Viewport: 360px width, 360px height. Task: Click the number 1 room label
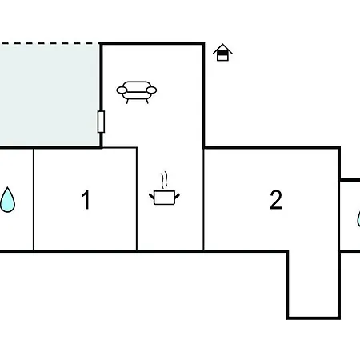[86, 199]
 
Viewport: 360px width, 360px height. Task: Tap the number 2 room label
[276, 199]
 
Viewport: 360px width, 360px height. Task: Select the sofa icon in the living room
[137, 92]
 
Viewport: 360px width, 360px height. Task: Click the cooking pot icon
[164, 198]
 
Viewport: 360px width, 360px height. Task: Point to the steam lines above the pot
[165, 180]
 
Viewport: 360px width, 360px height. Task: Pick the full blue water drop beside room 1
[7, 200]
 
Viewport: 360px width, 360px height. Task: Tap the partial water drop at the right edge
[358, 219]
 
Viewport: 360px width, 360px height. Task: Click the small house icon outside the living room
[222, 53]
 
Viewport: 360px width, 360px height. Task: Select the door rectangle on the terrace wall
[101, 122]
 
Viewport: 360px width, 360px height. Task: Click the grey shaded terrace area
[50, 95]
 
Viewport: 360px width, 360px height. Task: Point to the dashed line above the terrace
[50, 43]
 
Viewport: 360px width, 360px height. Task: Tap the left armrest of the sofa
[122, 90]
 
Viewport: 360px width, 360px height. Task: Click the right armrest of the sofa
[151, 90]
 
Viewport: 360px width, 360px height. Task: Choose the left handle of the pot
[152, 197]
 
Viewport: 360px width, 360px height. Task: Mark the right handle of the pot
[177, 197]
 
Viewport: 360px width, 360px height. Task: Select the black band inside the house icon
[222, 53]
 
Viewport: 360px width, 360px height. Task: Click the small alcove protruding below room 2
[314, 284]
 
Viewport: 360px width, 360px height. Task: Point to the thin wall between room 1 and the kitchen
[137, 198]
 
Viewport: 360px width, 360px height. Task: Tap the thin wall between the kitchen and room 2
[203, 198]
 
